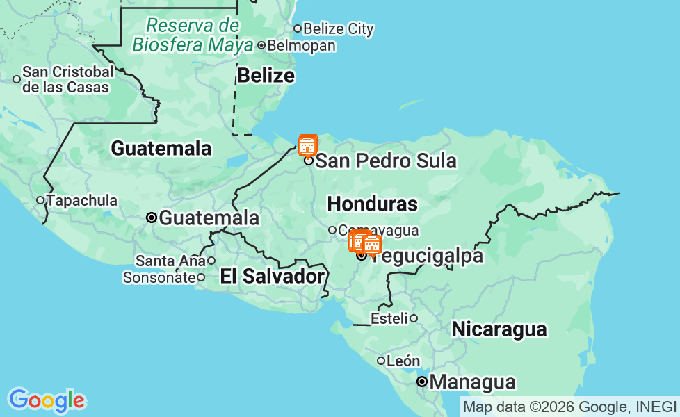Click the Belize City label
pyautogui.click(x=338, y=29)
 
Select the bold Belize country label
pyautogui.click(x=266, y=75)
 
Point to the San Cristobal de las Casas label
pyautogui.click(x=67, y=79)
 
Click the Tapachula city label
pyautogui.click(x=82, y=200)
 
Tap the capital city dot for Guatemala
pyautogui.click(x=152, y=218)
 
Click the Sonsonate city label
pyautogui.click(x=159, y=277)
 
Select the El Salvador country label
pyautogui.click(x=272, y=276)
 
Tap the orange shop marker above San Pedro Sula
pyautogui.click(x=307, y=145)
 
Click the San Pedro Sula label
pyautogui.click(x=386, y=161)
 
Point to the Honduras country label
pyautogui.click(x=372, y=204)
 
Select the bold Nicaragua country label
pyautogui.click(x=499, y=329)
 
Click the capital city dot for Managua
pyautogui.click(x=422, y=382)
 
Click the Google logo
pyautogui.click(x=47, y=400)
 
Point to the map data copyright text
pyautogui.click(x=569, y=407)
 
